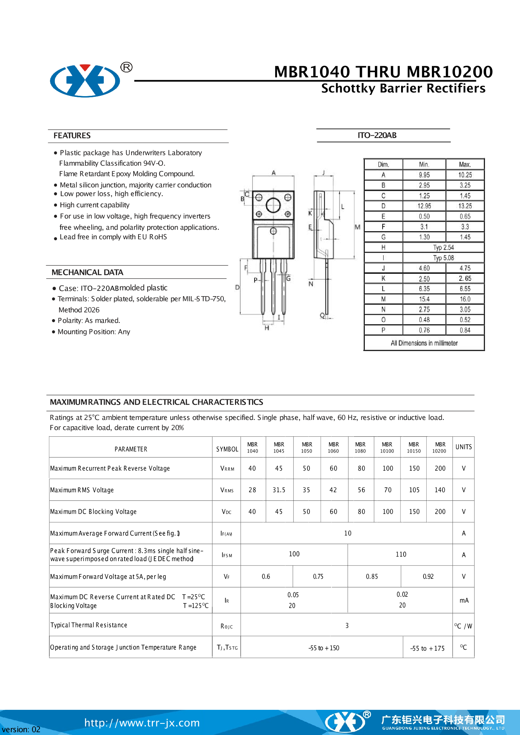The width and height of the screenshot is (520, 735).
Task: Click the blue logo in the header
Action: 85,80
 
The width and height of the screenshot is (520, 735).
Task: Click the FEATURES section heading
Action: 72,136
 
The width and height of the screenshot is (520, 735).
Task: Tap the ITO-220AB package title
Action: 377,135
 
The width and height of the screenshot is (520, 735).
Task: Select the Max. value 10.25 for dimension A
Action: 465,175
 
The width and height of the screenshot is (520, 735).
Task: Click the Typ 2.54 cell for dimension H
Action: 443,248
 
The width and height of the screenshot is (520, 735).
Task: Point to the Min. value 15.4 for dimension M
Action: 424,299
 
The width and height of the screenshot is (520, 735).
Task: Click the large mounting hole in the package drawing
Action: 273,205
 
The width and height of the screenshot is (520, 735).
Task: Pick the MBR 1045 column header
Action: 279,447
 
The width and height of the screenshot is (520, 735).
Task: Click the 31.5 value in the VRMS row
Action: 279,490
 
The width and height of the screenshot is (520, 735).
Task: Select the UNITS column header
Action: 463,447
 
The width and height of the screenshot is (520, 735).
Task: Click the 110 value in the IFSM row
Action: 401,554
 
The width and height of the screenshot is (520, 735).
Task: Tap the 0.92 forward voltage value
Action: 428,576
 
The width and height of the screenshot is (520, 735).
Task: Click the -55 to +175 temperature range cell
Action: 427,648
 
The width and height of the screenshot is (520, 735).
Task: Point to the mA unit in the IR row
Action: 464,600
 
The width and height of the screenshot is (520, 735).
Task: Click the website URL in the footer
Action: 142,722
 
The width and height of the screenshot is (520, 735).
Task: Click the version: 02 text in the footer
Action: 21,729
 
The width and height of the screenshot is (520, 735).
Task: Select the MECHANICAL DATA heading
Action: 87,272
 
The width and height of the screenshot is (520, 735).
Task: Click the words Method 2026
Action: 79,310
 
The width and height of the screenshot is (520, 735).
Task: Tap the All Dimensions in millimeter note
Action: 424,343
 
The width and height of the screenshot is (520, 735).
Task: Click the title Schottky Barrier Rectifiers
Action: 403,88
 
